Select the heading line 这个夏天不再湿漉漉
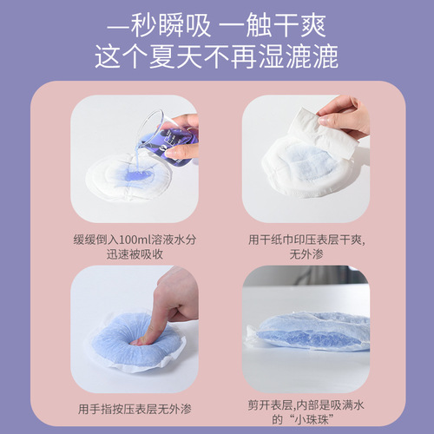point(216,56)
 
